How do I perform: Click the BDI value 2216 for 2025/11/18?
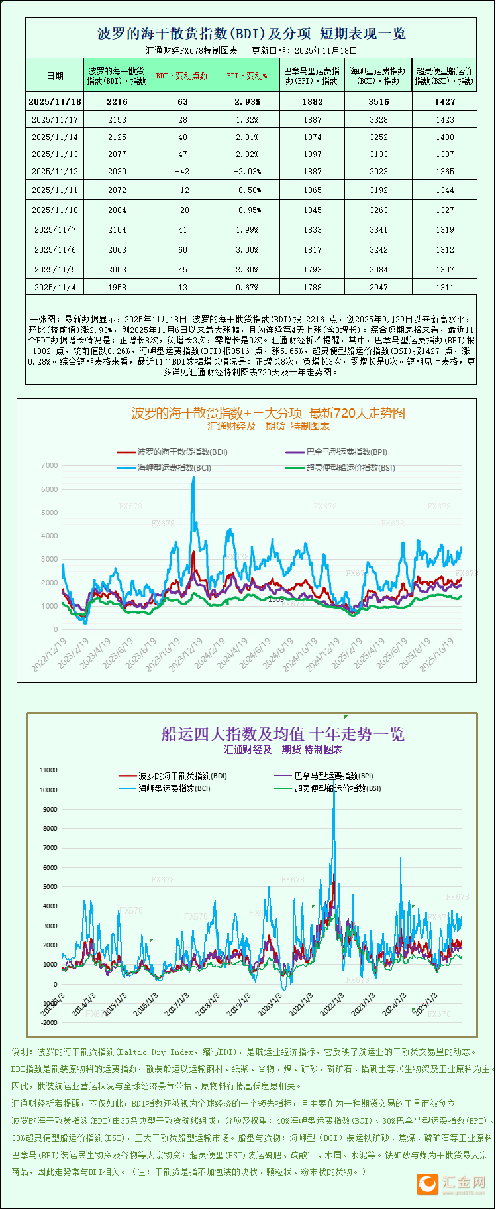117,101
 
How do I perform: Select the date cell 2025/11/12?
55,171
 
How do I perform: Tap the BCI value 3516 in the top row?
379,101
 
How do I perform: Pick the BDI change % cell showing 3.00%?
247,249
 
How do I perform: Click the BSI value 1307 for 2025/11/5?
445,269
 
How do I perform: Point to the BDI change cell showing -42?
182,171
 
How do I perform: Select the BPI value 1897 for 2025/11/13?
312,154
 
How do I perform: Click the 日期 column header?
55,76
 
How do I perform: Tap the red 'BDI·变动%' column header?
247,76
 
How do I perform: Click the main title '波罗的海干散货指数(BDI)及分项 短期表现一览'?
252,34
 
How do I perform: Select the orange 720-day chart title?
268,413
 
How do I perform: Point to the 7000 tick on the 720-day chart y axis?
50,465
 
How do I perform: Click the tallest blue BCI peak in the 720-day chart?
193,477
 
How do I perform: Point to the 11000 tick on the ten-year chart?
49,770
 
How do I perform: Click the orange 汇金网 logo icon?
427,1184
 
